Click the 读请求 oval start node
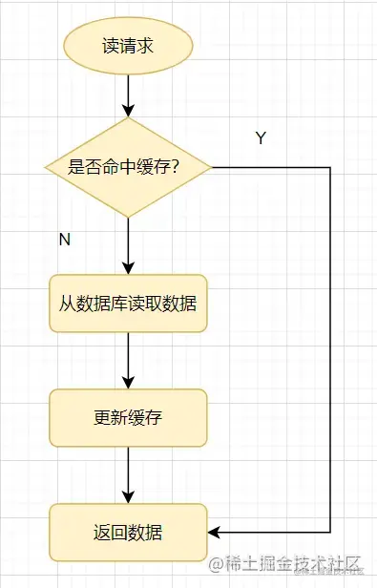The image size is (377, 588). coord(128,46)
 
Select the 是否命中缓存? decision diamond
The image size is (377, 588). coord(128,167)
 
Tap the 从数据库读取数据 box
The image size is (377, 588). coord(128,304)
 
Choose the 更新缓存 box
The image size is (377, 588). coord(128,417)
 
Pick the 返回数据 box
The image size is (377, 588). coord(128,531)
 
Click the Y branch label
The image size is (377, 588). coord(261,138)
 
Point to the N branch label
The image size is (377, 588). coord(65,240)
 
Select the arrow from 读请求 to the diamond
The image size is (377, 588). coord(128,95)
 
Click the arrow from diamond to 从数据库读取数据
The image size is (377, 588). coord(128,246)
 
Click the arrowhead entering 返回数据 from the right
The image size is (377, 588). coord(215,531)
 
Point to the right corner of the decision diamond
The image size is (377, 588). coord(210,167)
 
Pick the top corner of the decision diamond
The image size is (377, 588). coord(128,118)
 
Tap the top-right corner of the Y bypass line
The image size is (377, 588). coord(330,167)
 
